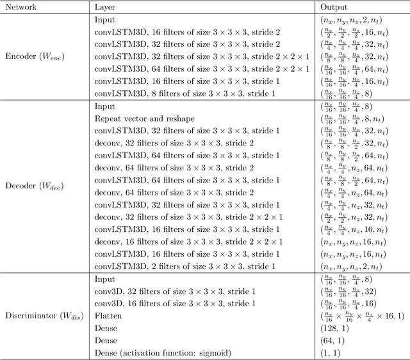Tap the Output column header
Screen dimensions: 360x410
334,7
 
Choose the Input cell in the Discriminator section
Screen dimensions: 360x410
104,279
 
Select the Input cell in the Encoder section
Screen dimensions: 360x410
104,19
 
